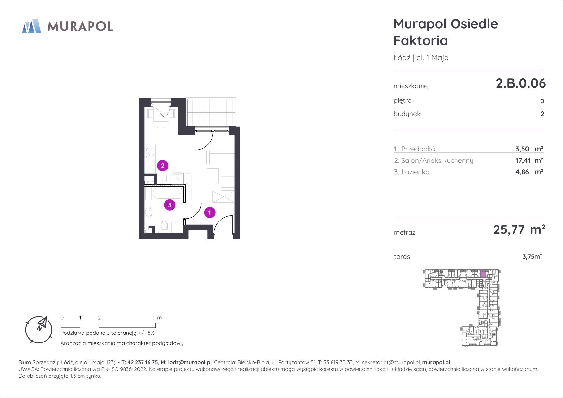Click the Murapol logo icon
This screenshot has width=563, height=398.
(x=31, y=26)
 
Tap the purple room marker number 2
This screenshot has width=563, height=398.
(x=163, y=166)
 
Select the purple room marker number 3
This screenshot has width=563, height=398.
(x=169, y=205)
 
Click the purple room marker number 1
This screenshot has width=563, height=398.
(x=210, y=212)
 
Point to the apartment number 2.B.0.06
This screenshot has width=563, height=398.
(x=521, y=83)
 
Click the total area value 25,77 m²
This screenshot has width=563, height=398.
(x=519, y=230)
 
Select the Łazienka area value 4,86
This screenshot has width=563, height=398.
(x=522, y=172)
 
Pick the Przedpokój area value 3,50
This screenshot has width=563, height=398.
(x=522, y=149)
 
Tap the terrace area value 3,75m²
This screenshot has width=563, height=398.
(x=532, y=257)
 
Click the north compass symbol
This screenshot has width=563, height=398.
(x=39, y=330)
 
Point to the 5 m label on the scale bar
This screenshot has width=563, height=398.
(x=157, y=318)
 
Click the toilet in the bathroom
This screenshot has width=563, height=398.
(x=164, y=227)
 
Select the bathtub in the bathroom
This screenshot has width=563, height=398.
(x=164, y=194)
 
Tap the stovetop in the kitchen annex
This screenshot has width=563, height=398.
(x=150, y=152)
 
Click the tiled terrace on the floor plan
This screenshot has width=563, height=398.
(x=211, y=113)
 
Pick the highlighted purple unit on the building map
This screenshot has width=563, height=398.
(x=483, y=274)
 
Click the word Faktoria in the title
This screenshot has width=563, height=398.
(x=420, y=41)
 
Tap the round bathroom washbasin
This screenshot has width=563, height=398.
(x=149, y=212)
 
